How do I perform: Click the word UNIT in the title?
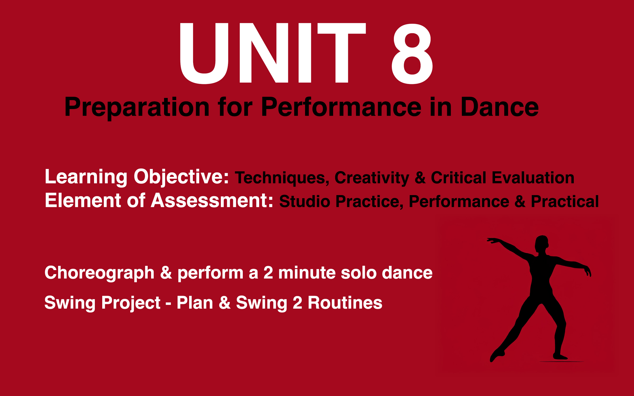click(272, 53)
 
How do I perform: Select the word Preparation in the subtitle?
click(137, 107)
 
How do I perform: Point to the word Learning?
click(86, 177)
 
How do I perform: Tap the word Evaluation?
click(533, 177)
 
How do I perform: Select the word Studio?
click(305, 202)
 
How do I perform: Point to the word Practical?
click(565, 202)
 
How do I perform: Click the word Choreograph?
click(99, 273)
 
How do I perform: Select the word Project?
click(131, 303)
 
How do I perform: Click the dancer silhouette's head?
click(542, 244)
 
